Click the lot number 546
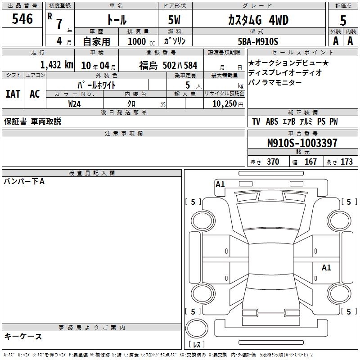pyautogui.click(x=22, y=19)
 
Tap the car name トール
pyautogui.click(x=117, y=20)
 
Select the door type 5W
pyautogui.click(x=174, y=20)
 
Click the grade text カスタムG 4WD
pyautogui.click(x=258, y=20)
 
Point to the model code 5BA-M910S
pyautogui.click(x=258, y=41)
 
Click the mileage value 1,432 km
pyautogui.click(x=57, y=65)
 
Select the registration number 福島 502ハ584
pyautogui.click(x=168, y=65)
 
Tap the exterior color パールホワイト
pyautogui.click(x=96, y=85)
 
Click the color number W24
pyautogui.click(x=74, y=104)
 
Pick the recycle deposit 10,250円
pyautogui.click(x=228, y=104)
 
